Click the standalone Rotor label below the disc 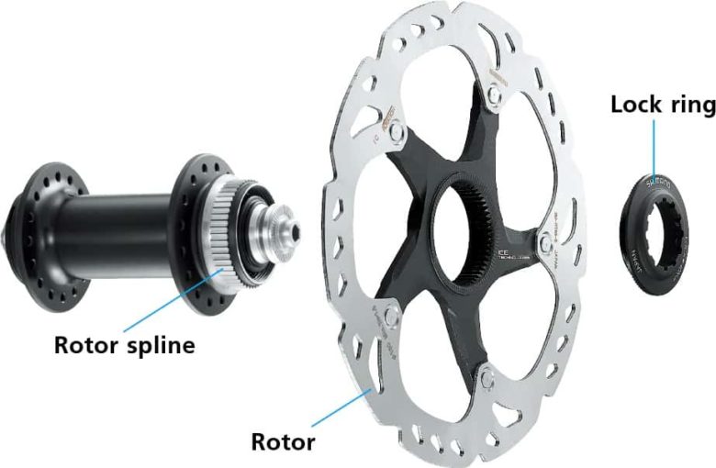284,441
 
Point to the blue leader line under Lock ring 654,147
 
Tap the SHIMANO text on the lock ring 660,184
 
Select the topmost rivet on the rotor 496,93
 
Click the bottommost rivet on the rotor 485,375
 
